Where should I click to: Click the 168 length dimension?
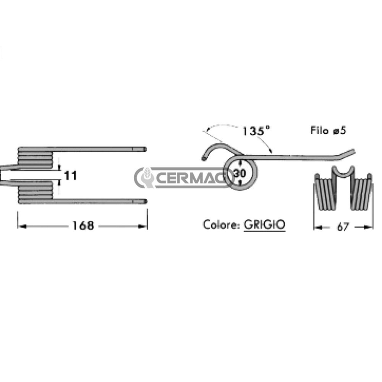pyautogui.click(x=83, y=226)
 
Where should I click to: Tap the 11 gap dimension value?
pyautogui.click(x=70, y=176)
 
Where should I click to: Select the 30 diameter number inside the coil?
pyautogui.click(x=240, y=173)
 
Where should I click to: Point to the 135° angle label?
pyautogui.click(x=256, y=131)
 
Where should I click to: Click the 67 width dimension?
pyautogui.click(x=343, y=227)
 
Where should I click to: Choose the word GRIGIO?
pyautogui.click(x=264, y=224)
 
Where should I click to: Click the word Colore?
pyautogui.click(x=221, y=224)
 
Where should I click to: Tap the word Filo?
pyautogui.click(x=319, y=130)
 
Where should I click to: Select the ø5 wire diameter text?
pyautogui.click(x=339, y=130)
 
